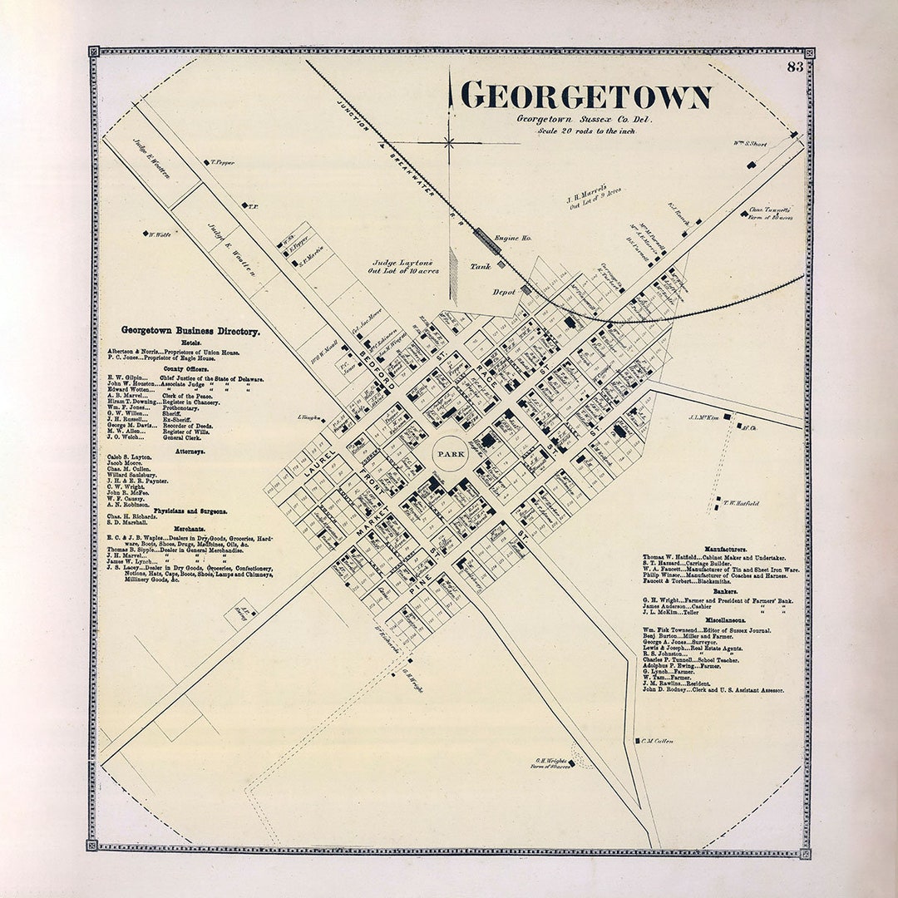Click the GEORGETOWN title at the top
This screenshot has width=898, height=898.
585,96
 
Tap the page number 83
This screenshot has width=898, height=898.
795,67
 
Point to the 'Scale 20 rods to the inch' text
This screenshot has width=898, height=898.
586,131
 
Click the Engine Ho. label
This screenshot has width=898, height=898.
512,238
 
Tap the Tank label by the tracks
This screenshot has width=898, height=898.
481,267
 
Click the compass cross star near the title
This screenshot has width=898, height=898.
449,143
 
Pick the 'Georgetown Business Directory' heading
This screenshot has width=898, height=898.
190,331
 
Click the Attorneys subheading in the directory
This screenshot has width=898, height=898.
190,451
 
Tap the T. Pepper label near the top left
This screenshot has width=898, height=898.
222,163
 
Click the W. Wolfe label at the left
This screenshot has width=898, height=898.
160,234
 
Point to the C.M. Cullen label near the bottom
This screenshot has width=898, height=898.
657,741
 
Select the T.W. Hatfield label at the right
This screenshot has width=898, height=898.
740,503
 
